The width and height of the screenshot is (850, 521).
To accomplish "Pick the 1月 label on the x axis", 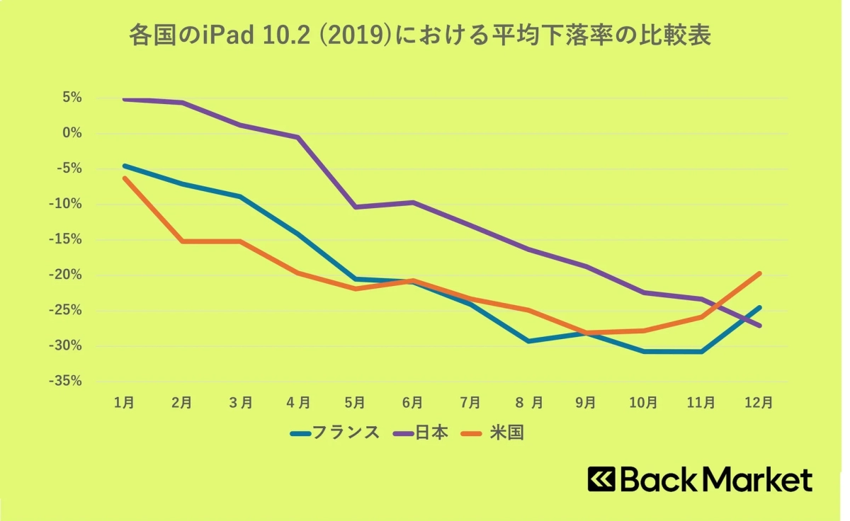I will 125,402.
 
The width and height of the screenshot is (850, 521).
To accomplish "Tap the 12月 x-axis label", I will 759,402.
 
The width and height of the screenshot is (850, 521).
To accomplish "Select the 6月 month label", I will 412,402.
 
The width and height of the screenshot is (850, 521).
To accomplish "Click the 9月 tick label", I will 585,402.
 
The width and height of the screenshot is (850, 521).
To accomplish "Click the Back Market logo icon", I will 601,479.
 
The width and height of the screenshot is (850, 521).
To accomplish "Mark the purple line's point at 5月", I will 355,207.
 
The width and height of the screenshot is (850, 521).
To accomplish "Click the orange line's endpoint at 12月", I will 759,273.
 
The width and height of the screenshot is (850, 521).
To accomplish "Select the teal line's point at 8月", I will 528,341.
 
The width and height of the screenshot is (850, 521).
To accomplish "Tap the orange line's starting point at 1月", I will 125,178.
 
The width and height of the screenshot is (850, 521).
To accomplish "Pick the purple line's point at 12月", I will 759,326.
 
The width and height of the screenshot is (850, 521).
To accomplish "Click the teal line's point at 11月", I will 701,351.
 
